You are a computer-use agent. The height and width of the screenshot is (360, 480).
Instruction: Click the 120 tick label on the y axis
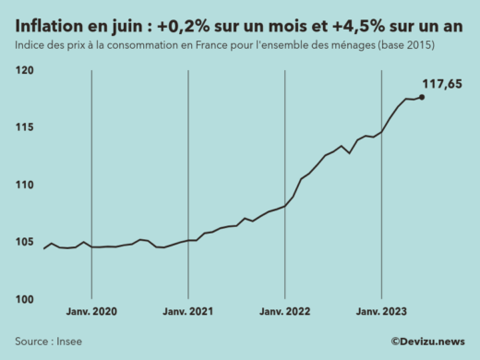click(24, 71)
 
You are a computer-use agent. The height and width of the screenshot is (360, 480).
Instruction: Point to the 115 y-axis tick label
click(24, 128)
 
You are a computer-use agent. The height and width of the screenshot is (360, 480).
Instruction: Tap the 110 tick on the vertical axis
click(24, 186)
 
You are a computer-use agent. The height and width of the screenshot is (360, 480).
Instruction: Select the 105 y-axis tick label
click(24, 243)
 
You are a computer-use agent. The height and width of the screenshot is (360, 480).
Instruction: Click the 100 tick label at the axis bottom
click(24, 300)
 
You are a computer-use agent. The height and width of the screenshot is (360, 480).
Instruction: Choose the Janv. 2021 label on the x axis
click(188, 312)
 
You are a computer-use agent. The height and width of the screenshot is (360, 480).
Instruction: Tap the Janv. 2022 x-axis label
click(284, 312)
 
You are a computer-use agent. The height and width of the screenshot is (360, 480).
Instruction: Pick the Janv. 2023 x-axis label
click(380, 312)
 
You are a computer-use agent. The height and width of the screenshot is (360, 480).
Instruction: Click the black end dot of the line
click(422, 97)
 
